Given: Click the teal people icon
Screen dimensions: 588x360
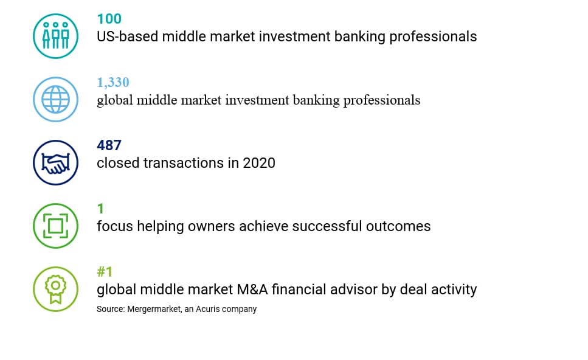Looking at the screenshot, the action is point(55,36).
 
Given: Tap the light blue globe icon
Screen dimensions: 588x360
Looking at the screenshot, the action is point(55,99).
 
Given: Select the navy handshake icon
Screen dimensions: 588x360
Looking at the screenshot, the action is point(55,163).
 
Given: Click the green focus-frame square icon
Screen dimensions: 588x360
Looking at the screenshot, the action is point(55,226).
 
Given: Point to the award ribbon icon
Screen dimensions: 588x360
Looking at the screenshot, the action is point(55,289).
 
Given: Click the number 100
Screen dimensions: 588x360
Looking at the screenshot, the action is point(109,19).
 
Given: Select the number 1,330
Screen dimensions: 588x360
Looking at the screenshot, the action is point(113,82).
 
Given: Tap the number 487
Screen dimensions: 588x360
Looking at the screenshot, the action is point(109,145).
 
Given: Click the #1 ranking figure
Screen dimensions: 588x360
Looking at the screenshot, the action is point(105,271).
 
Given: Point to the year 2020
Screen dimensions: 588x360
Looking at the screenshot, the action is point(259,163).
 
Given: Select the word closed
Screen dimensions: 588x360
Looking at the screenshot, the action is point(118,163).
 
